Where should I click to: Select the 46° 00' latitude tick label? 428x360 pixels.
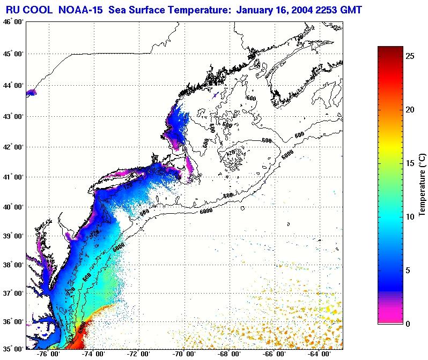point(12,21)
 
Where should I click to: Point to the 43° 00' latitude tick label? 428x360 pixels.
point(12,116)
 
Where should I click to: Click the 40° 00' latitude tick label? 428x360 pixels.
point(12,207)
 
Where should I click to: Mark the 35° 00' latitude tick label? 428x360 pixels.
point(12,348)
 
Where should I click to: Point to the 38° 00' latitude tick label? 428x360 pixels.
point(12,265)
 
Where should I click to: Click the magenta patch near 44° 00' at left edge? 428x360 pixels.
point(31,92)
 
